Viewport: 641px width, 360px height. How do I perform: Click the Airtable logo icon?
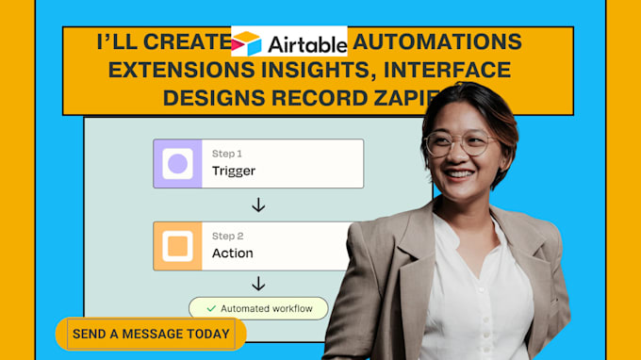248,43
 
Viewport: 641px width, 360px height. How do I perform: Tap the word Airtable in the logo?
304,43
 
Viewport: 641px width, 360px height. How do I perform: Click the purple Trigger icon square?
177,164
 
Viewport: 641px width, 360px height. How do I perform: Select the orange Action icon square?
177,246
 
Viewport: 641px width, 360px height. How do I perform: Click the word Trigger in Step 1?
234,172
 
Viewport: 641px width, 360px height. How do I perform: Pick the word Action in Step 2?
232,254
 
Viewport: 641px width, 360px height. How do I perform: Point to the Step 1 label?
227,154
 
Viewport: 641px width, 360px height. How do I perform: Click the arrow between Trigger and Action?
258,205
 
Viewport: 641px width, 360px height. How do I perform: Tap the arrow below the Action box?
258,285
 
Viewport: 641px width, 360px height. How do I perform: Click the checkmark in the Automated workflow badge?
211,308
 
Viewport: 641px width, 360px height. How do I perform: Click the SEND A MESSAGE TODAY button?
151,334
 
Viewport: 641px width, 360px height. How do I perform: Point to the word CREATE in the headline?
186,42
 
